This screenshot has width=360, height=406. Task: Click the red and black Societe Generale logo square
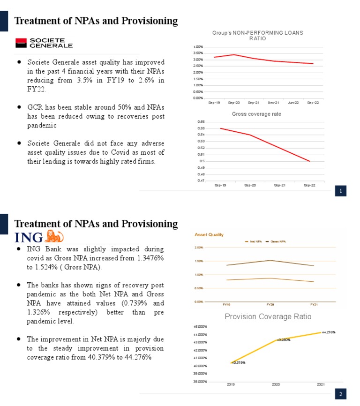click(21, 43)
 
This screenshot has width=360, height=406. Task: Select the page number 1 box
click(340, 191)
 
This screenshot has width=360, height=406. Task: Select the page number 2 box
click(340, 394)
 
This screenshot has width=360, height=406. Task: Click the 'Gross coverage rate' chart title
click(256, 114)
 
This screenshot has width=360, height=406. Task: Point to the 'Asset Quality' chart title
click(209, 234)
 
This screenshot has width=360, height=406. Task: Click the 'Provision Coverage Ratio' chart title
click(268, 316)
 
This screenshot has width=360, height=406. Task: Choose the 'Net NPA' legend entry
click(255, 241)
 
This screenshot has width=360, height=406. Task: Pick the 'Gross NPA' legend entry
click(277, 241)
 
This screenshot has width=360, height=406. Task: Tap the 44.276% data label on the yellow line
click(329, 332)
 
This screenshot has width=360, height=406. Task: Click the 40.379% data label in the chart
click(239, 362)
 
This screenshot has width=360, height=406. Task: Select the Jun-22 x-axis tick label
click(293, 103)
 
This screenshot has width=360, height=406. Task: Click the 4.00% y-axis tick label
click(198, 47)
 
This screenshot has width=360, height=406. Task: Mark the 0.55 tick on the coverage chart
click(201, 128)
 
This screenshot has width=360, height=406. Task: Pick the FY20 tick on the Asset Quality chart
click(270, 304)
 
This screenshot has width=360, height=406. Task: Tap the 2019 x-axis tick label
click(231, 384)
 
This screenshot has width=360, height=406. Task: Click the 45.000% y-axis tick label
click(200, 326)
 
